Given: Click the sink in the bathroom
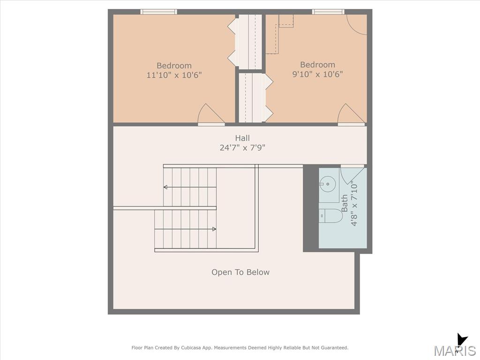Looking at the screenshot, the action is (328, 184).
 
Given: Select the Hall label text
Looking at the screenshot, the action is (242, 138).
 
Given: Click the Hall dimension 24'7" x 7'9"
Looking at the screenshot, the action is (242, 148).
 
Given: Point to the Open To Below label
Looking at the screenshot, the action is (240, 272).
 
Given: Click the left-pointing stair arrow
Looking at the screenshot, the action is (190, 187).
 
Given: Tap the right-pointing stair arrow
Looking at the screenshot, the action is (185, 229).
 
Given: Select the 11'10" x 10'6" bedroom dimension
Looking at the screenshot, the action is (174, 75).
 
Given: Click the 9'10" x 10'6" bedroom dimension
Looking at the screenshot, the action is (317, 74).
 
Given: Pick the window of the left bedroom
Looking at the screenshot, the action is (158, 12).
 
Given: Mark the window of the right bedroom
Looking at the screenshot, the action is (328, 12).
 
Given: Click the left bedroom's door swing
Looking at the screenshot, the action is (211, 114).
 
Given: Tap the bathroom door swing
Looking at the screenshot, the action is (352, 175).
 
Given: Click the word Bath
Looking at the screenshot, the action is (345, 203).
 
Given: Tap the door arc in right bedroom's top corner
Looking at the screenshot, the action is (356, 24).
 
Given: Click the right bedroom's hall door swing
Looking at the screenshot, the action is (351, 114).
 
